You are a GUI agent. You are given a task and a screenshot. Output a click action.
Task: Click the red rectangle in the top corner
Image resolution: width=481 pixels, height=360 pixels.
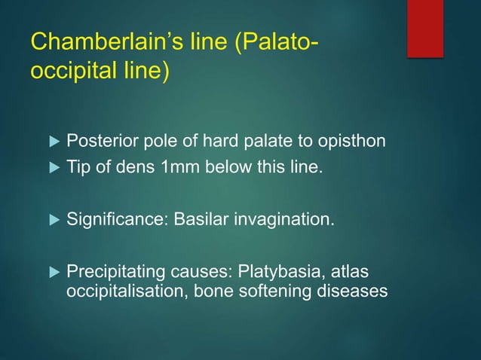[424, 28]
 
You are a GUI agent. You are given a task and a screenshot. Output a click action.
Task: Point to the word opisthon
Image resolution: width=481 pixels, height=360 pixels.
[354, 140]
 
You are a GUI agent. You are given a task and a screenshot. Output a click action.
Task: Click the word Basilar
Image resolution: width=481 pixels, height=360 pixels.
[199, 219]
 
